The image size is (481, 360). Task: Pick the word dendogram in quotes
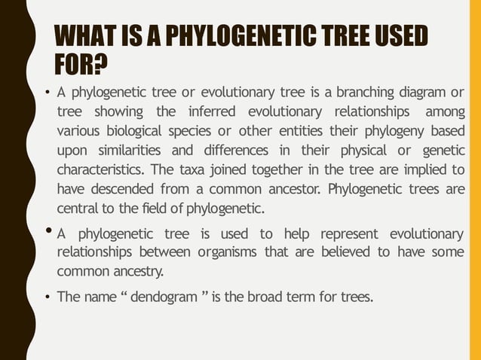(167, 297)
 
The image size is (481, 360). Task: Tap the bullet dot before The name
(46, 297)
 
